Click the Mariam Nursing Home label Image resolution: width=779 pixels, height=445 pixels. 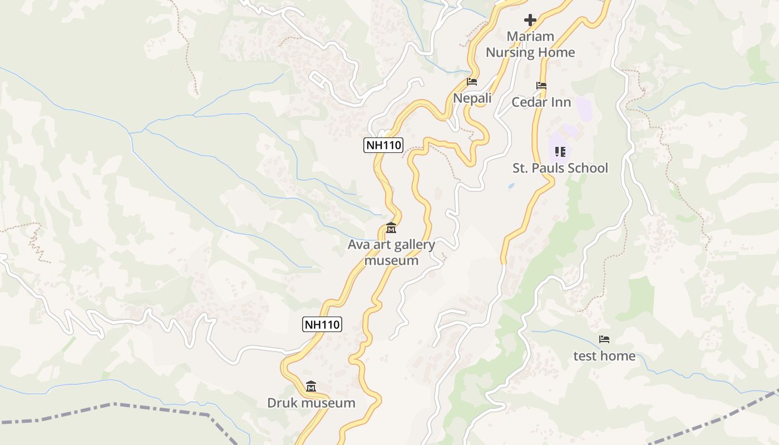530,44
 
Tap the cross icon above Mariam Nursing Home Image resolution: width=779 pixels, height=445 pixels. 530,21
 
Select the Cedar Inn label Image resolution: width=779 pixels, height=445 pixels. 541,102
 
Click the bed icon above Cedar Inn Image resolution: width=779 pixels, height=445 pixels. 541,86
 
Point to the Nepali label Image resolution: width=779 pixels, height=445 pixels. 472,98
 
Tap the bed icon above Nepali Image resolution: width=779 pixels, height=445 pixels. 472,82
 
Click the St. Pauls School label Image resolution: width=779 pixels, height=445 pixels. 560,168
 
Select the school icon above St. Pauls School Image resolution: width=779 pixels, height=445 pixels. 560,151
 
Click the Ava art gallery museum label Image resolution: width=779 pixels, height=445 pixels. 391,253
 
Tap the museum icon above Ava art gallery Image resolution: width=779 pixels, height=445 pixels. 391,228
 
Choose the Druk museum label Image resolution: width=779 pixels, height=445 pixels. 311,403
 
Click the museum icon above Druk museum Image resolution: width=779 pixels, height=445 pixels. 311,386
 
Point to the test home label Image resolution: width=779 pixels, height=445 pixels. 604,355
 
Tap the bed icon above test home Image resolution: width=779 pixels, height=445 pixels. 604,339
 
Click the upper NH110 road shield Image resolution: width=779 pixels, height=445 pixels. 383,146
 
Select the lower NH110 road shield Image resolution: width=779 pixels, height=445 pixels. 322,324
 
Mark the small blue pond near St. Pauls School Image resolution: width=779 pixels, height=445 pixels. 511,186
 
